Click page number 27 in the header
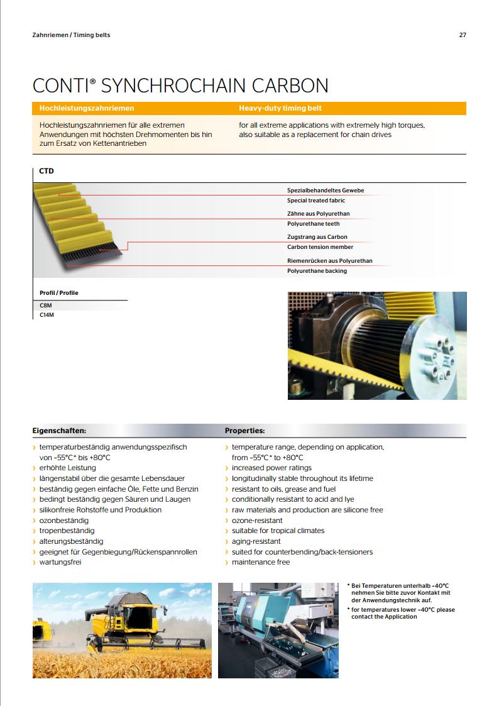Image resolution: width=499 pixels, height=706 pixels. (x=463, y=35)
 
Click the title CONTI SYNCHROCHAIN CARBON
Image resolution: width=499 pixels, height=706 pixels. (x=180, y=85)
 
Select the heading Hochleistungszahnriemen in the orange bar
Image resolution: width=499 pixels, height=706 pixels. (x=87, y=108)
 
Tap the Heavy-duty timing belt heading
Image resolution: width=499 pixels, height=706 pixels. (x=280, y=108)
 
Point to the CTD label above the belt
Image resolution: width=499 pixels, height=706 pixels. (x=47, y=171)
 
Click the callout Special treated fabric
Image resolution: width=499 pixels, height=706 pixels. (x=316, y=201)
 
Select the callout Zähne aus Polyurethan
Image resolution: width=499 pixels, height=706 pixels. (x=319, y=214)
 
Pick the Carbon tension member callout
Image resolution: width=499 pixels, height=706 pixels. (x=321, y=247)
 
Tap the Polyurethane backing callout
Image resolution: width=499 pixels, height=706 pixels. (x=317, y=271)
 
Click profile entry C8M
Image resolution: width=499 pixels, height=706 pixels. (x=46, y=305)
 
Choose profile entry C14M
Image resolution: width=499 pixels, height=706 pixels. (x=47, y=315)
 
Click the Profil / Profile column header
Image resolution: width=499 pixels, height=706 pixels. (x=59, y=293)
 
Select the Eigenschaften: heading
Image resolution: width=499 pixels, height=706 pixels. (x=59, y=431)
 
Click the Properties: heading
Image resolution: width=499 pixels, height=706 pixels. (x=245, y=431)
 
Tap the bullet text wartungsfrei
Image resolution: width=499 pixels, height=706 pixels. (x=60, y=562)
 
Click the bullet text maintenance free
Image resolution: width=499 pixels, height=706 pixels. (x=261, y=562)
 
